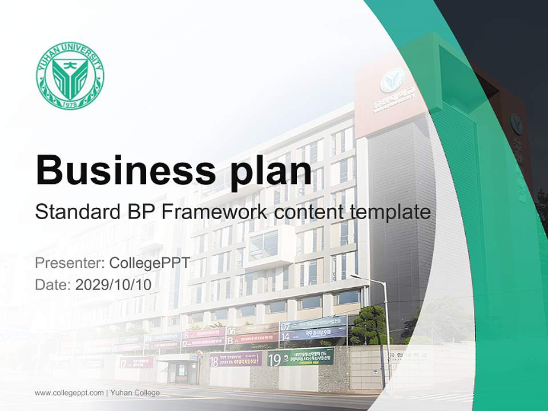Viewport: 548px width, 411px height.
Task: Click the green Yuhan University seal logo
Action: pyautogui.click(x=70, y=75)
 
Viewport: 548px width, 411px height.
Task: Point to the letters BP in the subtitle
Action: pyautogui.click(x=134, y=212)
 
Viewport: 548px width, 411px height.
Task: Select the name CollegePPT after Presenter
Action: pyautogui.click(x=149, y=263)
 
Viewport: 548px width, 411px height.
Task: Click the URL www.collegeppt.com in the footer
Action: pyautogui.click(x=69, y=393)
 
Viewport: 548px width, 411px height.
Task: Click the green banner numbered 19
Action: pyautogui.click(x=300, y=358)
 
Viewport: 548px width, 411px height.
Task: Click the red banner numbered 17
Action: pyautogui.click(x=136, y=362)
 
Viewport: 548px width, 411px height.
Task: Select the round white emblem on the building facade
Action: pyautogui.click(x=392, y=80)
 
